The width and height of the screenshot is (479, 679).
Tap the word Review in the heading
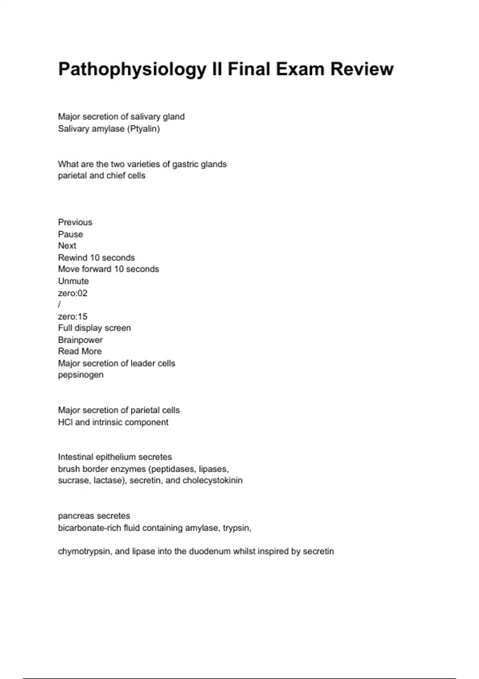(362, 69)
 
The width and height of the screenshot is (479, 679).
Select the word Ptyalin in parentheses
(144, 129)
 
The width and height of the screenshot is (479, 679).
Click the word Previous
(75, 222)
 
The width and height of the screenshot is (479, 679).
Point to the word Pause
(71, 234)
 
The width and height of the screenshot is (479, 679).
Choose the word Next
(67, 246)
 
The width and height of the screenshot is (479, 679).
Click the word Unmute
(73, 281)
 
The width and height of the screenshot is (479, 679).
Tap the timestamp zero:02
(73, 293)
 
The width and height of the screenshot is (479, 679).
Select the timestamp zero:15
(73, 317)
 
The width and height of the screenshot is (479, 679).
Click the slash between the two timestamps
(59, 305)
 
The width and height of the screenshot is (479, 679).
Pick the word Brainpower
(80, 340)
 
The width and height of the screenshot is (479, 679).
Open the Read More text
(80, 351)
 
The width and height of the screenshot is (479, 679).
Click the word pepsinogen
(81, 375)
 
